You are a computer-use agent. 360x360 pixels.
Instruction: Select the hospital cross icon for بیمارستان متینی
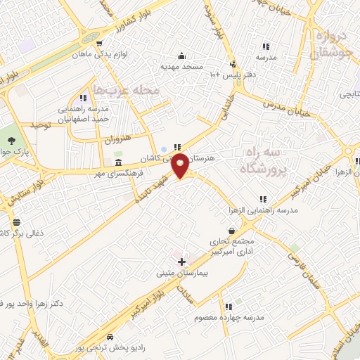(x=181, y=262)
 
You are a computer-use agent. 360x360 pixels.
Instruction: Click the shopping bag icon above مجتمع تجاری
(x=232, y=230)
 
